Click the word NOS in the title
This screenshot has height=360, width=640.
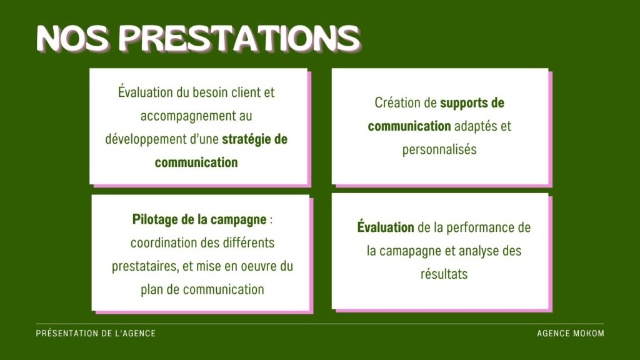73,39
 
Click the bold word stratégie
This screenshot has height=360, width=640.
246,139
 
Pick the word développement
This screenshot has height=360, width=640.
146,139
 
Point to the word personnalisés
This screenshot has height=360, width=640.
439,149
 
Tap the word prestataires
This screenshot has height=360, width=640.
145,266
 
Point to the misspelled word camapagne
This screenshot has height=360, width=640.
412,251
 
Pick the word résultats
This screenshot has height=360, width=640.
444,274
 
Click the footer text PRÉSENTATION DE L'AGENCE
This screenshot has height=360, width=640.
96,334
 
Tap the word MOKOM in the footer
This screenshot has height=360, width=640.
589,334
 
